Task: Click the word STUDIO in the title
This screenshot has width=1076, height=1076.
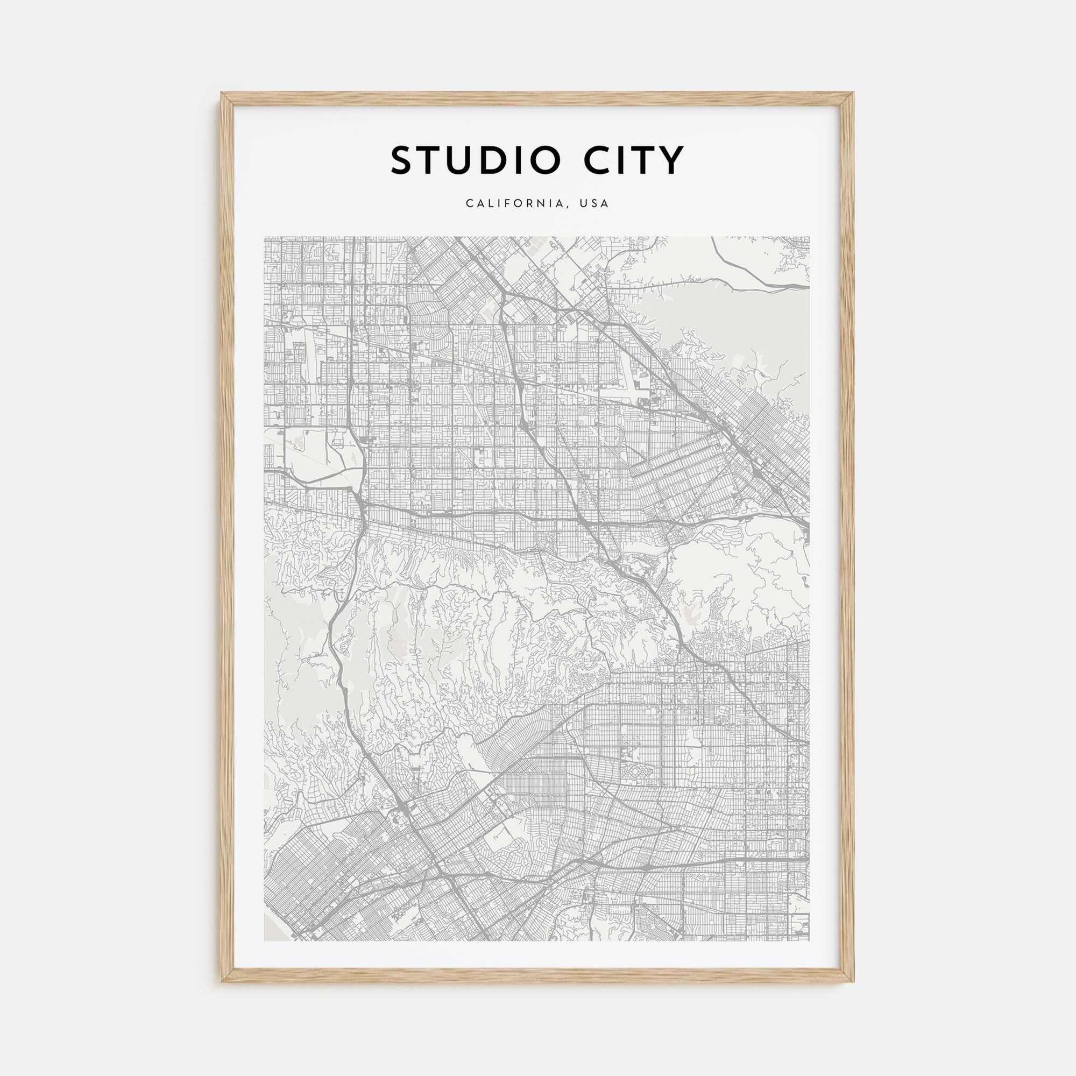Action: (x=475, y=160)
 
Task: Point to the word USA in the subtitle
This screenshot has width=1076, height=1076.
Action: (x=594, y=204)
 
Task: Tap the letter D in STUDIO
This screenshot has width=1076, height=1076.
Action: (x=493, y=160)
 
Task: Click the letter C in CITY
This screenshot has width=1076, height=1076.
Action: (x=597, y=160)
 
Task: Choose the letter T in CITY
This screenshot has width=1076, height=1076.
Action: (x=646, y=160)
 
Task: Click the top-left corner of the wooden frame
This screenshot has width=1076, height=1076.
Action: (x=222, y=93)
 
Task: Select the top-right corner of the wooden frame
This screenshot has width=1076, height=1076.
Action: (x=854, y=93)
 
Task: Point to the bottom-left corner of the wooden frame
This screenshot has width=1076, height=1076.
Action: (x=222, y=981)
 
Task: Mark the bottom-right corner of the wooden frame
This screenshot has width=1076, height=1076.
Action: (x=854, y=981)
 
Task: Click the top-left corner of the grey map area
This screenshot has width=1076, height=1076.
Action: (x=265, y=237)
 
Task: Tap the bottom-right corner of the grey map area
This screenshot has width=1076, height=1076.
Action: (x=810, y=940)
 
